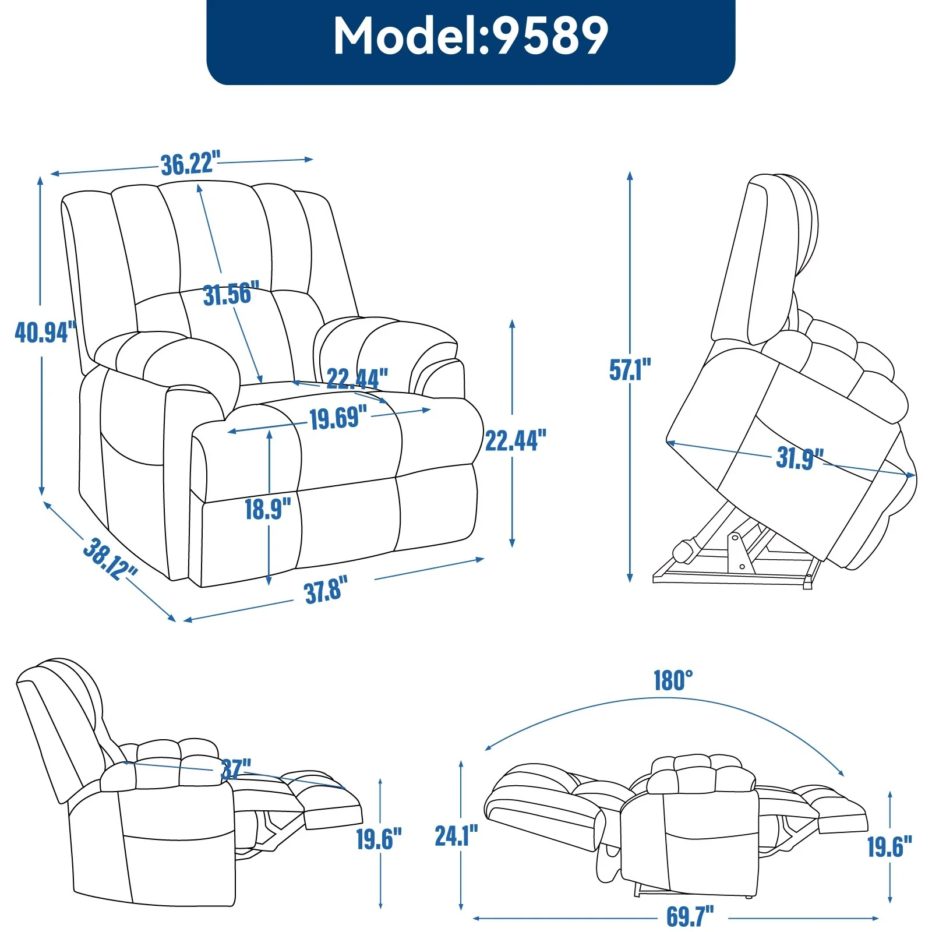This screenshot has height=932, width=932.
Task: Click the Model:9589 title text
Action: coord(471,36)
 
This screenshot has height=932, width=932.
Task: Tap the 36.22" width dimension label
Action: coord(190,164)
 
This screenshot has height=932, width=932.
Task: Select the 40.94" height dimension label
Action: coord(45,332)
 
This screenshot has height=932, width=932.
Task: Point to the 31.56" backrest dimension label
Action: coord(231,294)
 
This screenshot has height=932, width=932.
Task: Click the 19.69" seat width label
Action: coord(338,418)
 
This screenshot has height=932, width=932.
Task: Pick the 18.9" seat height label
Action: coord(267,509)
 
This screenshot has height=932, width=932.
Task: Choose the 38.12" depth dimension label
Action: coord(110,559)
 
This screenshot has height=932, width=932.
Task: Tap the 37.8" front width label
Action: coord(326,589)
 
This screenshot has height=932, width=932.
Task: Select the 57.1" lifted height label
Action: coord(630,370)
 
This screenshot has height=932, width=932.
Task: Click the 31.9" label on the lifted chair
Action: coord(799,458)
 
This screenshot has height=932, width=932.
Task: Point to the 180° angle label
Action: coord(673,680)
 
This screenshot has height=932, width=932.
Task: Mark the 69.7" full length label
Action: coord(690,916)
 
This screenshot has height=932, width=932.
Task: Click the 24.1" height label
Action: coord(456,836)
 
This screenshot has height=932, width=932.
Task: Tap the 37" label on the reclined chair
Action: coord(236,769)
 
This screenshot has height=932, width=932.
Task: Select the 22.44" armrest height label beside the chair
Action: coord(516,440)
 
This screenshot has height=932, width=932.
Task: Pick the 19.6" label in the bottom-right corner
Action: coord(889,846)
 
